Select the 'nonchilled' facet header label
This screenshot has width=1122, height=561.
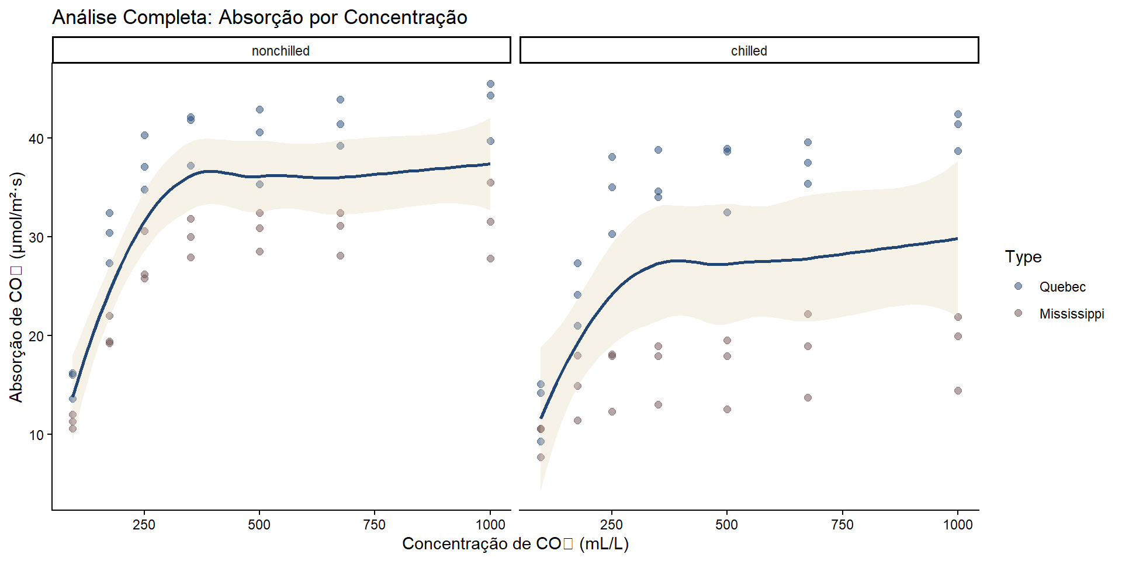(280, 51)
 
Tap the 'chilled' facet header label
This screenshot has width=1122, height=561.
(749, 51)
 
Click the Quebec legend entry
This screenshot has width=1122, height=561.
(1062, 287)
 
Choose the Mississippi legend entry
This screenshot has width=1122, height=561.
(1071, 314)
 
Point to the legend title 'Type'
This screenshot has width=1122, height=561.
(1023, 257)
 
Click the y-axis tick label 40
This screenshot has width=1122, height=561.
(36, 138)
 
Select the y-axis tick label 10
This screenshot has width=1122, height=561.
(36, 435)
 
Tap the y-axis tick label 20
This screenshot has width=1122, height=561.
(36, 336)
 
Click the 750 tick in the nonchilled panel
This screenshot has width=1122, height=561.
(375, 525)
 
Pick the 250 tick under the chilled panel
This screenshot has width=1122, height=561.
(612, 525)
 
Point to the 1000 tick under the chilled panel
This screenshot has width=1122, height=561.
(957, 525)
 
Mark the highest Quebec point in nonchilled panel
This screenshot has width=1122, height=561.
(490, 84)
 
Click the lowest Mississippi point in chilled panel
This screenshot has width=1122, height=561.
(541, 458)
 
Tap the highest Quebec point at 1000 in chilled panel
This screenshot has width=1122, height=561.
(958, 115)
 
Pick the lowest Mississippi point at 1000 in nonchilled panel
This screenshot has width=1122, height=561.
(490, 258)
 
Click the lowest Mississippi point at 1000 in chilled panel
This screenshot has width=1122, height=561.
(958, 390)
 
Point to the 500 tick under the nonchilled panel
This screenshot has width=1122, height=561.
(259, 525)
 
